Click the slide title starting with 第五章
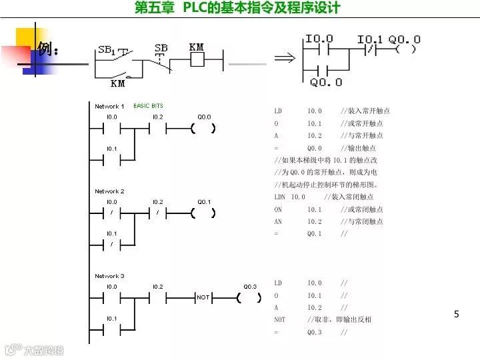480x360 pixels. click(x=237, y=8)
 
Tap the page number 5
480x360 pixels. click(x=457, y=314)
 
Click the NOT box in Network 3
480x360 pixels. click(x=203, y=297)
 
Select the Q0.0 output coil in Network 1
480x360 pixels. click(x=203, y=129)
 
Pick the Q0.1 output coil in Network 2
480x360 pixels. click(x=203, y=213)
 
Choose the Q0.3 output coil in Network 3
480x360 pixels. click(x=249, y=297)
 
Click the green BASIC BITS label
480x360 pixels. click(x=148, y=106)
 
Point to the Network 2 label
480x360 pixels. click(x=109, y=191)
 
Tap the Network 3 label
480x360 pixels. click(x=109, y=276)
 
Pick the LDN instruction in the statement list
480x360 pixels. click(x=279, y=197)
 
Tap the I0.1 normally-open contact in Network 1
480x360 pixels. click(x=111, y=159)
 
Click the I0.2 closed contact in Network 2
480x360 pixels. click(x=157, y=213)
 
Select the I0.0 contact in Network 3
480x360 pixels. click(x=111, y=297)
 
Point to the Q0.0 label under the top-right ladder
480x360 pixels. click(x=326, y=83)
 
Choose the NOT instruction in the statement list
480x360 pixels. click(x=279, y=320)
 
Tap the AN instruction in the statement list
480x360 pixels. click(x=278, y=221)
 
